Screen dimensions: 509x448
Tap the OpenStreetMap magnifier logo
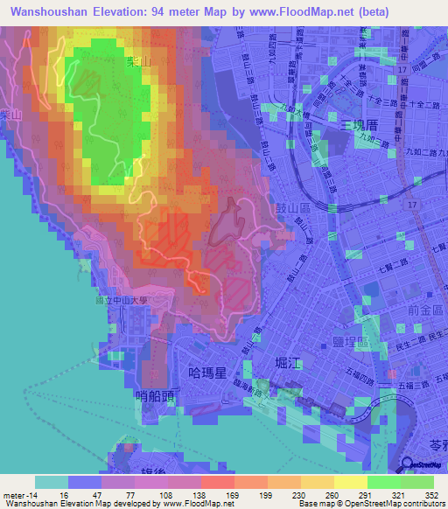408,464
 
